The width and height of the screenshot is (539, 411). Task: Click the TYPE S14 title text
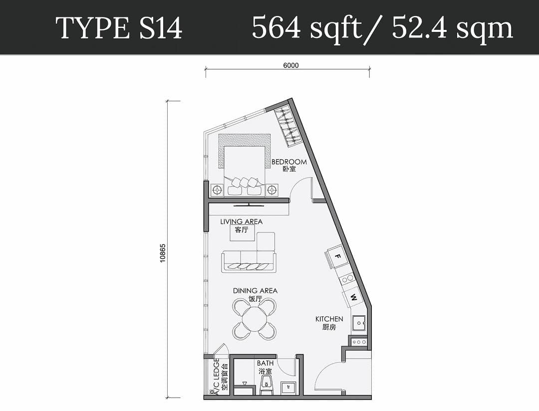coord(119,28)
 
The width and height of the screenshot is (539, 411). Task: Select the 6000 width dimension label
coord(290,65)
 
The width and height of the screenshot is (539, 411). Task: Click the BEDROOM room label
coord(289,162)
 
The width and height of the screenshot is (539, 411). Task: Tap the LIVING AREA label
coord(241,221)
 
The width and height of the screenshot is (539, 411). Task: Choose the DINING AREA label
coord(255,290)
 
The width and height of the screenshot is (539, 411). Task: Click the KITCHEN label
coord(329,319)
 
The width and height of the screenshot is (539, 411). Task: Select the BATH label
coord(265,364)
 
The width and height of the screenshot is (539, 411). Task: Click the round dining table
coord(255,319)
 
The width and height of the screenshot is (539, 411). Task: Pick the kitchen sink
coord(358,324)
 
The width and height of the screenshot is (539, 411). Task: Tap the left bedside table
coord(217,190)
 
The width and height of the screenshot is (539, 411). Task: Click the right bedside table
coord(271,190)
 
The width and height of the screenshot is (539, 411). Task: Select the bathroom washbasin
coord(288,388)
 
